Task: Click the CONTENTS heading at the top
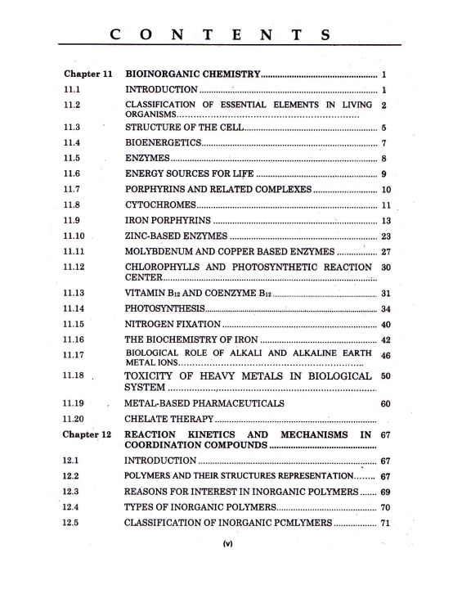point(220,34)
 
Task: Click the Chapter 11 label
point(87,74)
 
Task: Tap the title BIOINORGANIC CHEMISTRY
point(191,74)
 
